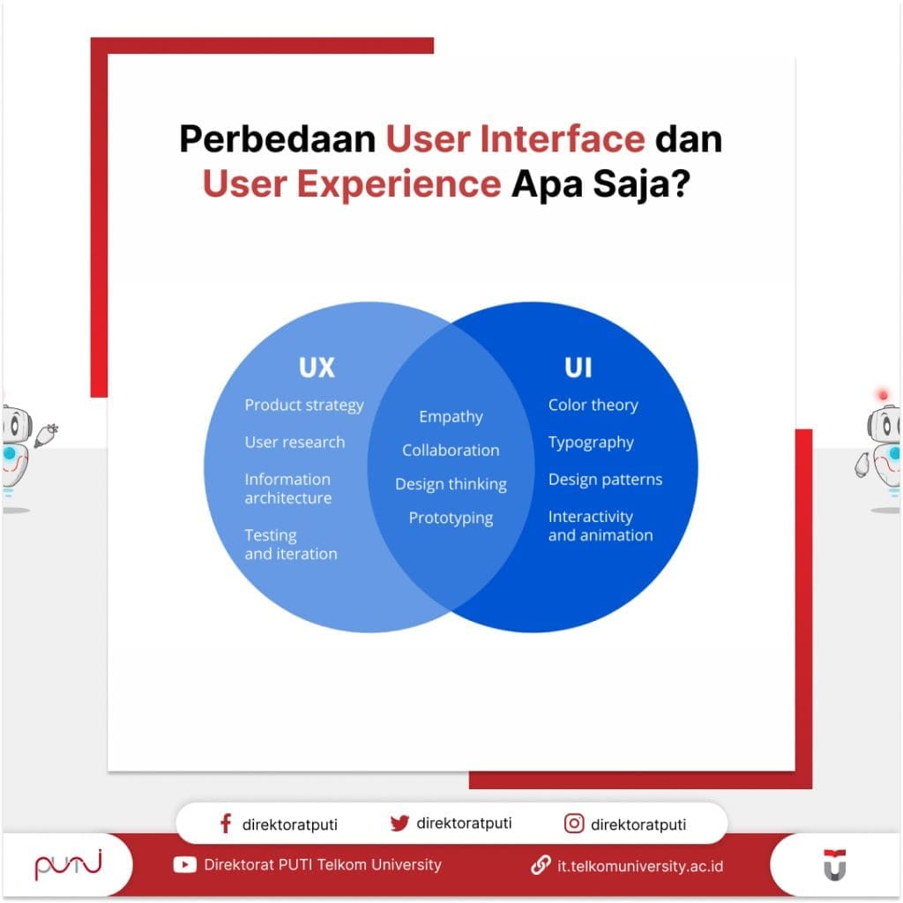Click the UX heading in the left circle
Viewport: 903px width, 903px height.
[x=317, y=367]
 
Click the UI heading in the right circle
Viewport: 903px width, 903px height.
[x=578, y=367]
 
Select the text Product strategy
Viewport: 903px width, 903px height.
[x=303, y=405]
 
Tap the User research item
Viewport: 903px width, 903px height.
[x=295, y=442]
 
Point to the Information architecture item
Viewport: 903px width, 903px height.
[x=288, y=489]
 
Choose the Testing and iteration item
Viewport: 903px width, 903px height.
[x=290, y=544]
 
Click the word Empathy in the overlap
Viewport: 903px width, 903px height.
[x=451, y=416]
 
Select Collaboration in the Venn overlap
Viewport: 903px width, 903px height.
[x=451, y=450]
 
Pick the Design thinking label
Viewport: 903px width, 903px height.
[x=451, y=484]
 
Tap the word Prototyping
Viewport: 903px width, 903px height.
[x=451, y=518]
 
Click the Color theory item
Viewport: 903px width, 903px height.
[x=593, y=405]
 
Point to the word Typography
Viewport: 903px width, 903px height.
[x=591, y=442]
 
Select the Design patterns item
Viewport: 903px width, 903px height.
[x=605, y=479]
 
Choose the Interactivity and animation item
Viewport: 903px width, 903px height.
[x=601, y=526]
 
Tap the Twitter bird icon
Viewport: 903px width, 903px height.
[x=399, y=824]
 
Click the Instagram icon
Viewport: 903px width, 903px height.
[x=574, y=824]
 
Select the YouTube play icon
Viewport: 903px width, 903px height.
[x=185, y=865]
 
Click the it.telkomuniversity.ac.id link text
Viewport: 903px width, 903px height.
[x=640, y=866]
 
